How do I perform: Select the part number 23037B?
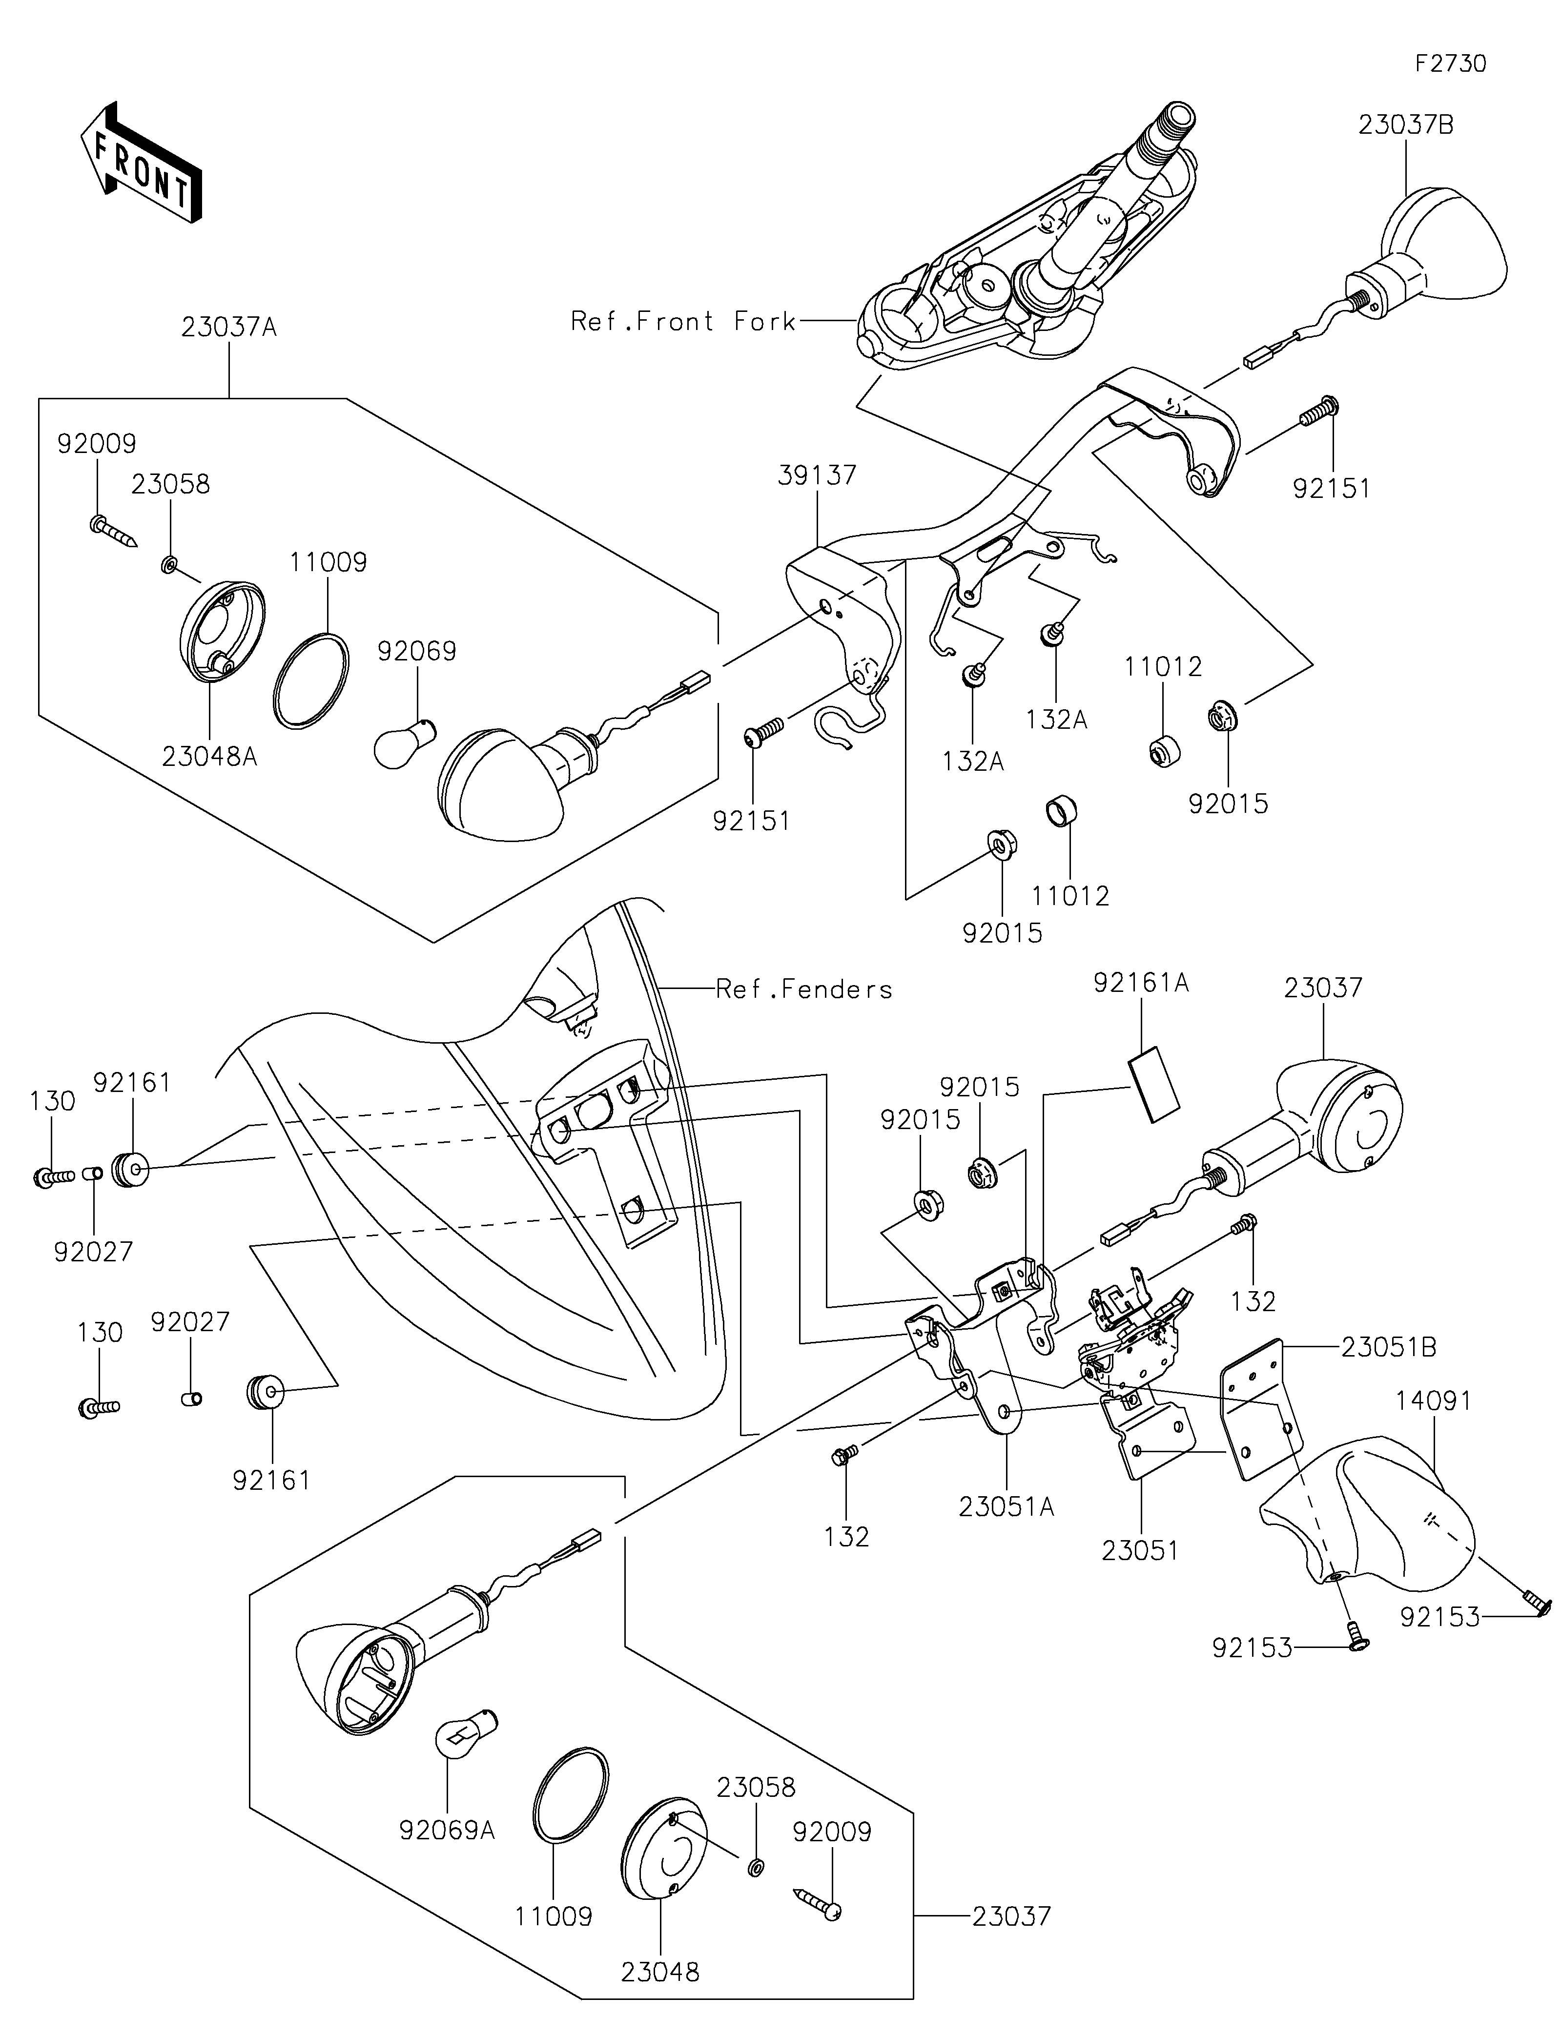click(1405, 125)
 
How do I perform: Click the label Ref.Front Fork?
click(682, 322)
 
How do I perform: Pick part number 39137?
click(818, 476)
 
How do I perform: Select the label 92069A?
click(447, 1830)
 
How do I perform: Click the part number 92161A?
click(1141, 983)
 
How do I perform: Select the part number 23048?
click(659, 1972)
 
